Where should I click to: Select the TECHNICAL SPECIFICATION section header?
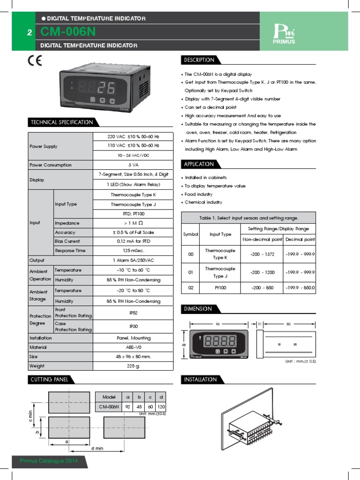pos(61,122)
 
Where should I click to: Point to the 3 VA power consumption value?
pos(133,165)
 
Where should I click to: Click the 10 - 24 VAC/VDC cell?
pos(133,155)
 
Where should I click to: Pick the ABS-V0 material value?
pos(133,347)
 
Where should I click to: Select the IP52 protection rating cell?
pos(133,313)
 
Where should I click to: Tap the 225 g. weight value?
pos(133,366)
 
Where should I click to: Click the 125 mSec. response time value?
pos(133,251)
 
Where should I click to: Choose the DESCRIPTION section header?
pos(199,60)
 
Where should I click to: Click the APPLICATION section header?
pos(199,164)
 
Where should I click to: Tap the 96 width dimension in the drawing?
pos(217,323)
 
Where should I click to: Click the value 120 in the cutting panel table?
pos(161,407)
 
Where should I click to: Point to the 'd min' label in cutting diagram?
pos(97,448)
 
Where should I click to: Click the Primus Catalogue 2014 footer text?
pos(49,461)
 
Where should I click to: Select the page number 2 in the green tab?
pos(30,33)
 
